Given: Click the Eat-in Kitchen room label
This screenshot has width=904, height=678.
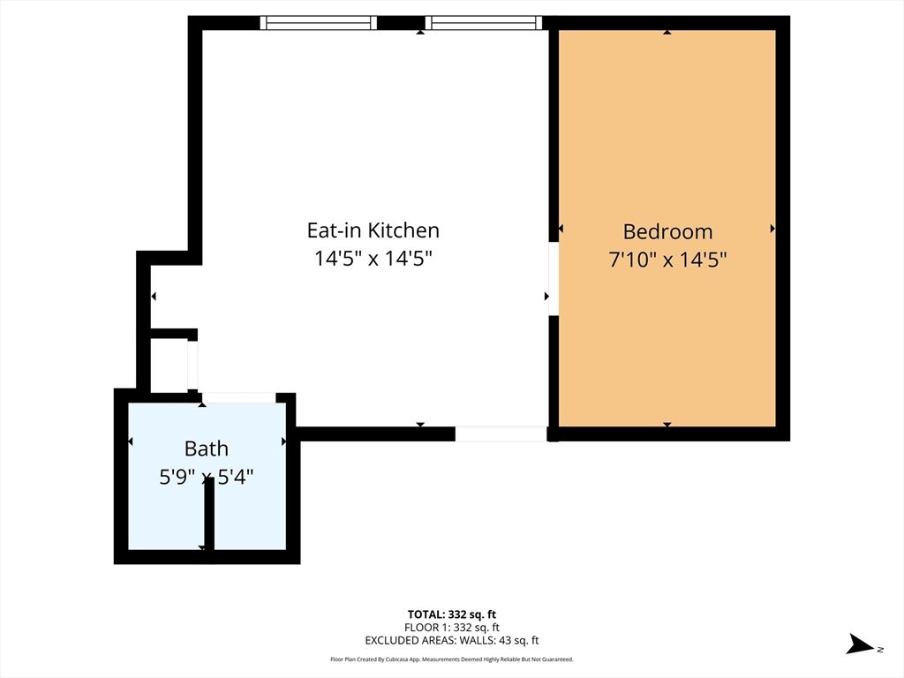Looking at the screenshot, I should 373,230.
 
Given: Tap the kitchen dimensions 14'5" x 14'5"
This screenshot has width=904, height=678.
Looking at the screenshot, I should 373,259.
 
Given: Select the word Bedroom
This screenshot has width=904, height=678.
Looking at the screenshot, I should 667,231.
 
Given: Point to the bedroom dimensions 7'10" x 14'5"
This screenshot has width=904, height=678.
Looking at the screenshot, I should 667,260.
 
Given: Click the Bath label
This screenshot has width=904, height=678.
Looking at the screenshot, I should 206,448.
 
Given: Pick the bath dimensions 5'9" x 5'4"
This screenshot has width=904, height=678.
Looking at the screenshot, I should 206,477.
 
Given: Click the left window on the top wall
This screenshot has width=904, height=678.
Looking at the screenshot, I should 319,23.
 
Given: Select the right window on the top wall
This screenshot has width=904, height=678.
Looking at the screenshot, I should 481,23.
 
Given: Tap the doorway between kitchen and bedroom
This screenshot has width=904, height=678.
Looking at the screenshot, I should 554,278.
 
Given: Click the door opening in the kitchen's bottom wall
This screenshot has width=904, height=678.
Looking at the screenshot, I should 501,433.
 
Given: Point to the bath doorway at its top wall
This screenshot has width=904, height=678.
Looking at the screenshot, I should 238,398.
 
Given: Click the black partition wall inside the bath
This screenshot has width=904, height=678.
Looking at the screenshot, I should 209,516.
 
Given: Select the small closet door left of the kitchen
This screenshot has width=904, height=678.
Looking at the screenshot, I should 192,363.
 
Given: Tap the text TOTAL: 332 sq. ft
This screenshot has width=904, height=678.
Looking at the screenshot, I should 451,614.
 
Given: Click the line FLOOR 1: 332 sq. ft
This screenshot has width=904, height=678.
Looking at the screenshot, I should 451,628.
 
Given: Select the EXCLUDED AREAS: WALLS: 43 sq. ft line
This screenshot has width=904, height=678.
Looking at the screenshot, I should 451,641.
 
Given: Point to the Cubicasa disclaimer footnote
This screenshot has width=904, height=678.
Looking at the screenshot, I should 451,659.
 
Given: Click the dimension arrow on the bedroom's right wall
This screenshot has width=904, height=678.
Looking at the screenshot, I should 772,229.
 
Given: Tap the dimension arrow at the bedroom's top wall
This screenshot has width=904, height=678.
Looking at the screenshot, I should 667,32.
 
